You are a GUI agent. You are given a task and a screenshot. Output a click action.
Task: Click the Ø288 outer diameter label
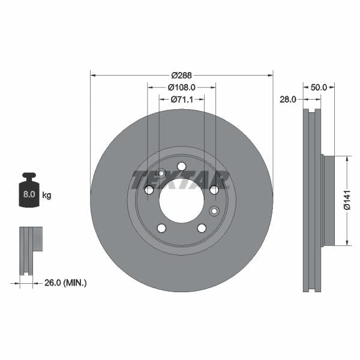(x=181, y=75)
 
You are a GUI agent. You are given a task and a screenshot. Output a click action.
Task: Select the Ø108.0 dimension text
(x=181, y=87)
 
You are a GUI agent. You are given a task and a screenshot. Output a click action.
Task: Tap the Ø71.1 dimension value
(x=181, y=99)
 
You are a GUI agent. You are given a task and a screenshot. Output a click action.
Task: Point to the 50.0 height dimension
(x=319, y=87)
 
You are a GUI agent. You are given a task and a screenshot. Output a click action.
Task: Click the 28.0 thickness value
(x=288, y=100)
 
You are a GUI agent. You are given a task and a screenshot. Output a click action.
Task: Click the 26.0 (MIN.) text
(x=66, y=282)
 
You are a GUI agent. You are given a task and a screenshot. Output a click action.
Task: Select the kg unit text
(x=47, y=195)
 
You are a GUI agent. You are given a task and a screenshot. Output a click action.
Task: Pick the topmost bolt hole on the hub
(x=182, y=166)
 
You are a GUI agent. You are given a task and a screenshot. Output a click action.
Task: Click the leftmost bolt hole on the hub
(x=149, y=190)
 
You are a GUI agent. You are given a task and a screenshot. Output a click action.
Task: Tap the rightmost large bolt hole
(x=214, y=190)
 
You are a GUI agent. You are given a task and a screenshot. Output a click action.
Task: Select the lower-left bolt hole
(x=161, y=228)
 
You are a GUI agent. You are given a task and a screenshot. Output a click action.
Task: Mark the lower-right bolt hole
(x=202, y=228)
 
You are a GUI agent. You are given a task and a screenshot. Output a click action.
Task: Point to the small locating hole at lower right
(x=214, y=211)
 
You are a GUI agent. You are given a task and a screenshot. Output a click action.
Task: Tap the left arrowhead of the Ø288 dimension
(x=92, y=75)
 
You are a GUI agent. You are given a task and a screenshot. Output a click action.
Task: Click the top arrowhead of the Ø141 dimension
(x=346, y=158)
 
